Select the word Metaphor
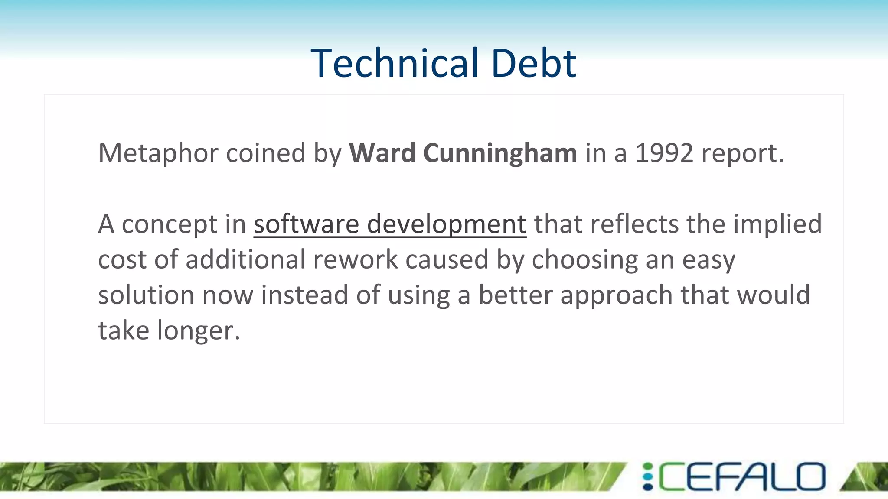158,153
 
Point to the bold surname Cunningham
500,153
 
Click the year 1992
664,153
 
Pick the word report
742,153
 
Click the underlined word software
306,224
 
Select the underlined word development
447,224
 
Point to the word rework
355,260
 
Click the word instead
304,295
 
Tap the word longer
198,331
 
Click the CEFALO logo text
742,477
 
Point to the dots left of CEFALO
648,477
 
